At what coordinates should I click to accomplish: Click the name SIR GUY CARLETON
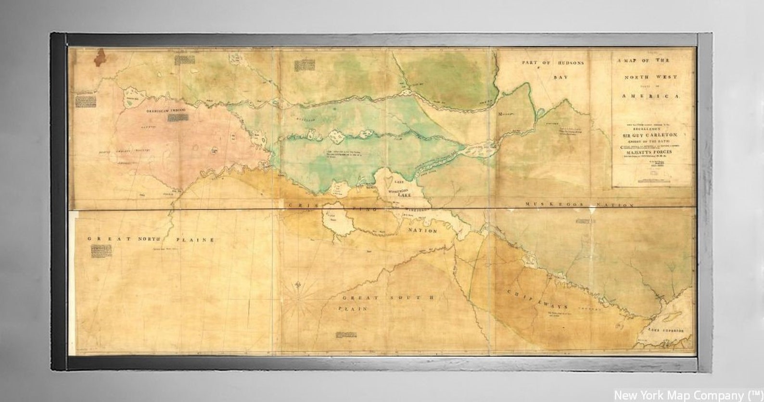click(x=651, y=135)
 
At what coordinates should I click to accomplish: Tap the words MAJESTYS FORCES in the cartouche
click(x=652, y=152)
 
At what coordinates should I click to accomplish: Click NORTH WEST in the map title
click(x=650, y=76)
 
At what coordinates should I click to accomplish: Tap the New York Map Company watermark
click(x=687, y=395)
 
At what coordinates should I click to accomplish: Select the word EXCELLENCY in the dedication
click(x=651, y=130)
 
